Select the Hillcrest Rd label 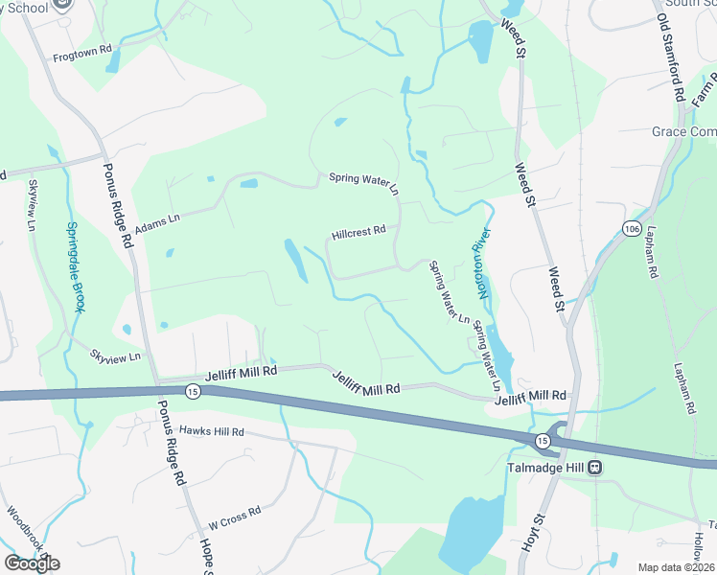point(358,231)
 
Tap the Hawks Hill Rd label point(211,432)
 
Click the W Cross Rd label point(234,518)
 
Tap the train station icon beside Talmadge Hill point(594,468)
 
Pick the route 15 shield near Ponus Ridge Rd point(193,391)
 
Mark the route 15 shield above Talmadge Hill point(543,440)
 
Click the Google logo point(32,563)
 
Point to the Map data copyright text point(675,567)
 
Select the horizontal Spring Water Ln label point(362,177)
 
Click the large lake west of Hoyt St point(467,532)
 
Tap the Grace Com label point(683,131)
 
